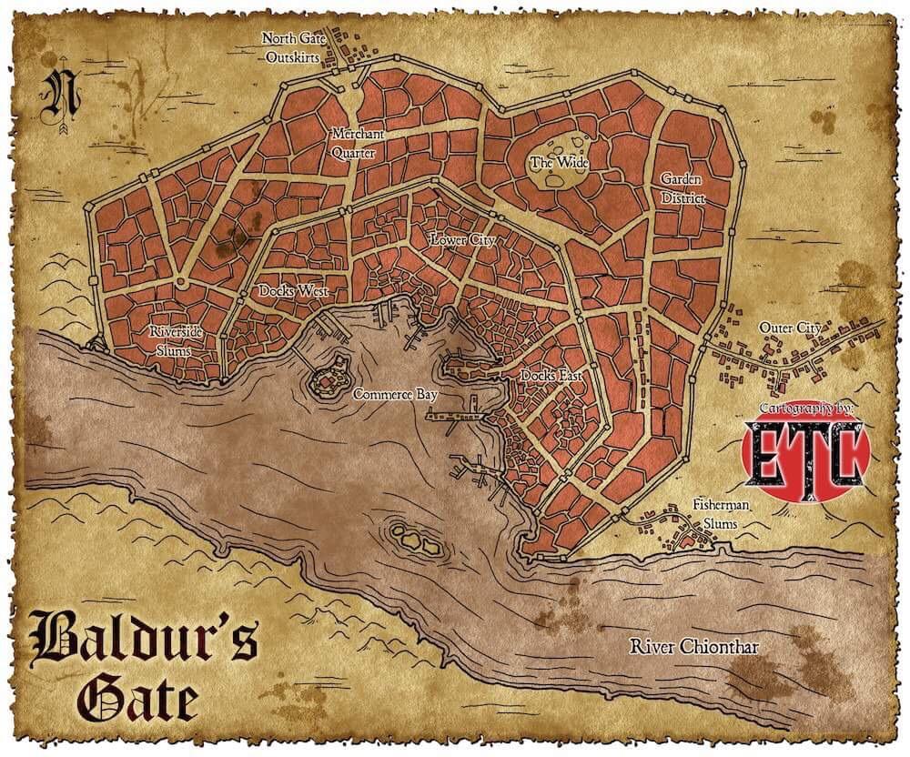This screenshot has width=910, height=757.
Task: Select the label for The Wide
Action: [x=560, y=163]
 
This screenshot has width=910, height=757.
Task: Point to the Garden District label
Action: [x=682, y=188]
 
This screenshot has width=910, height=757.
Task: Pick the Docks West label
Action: [x=293, y=292]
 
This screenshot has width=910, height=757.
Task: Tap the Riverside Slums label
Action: [x=177, y=338]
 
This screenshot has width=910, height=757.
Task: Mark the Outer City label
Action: [x=791, y=328]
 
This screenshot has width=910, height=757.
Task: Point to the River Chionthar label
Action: [x=694, y=647]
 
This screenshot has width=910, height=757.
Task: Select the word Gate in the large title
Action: [x=137, y=699]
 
